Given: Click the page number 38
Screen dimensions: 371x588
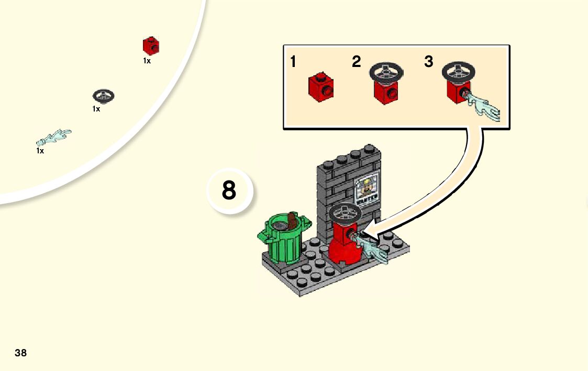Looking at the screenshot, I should (x=20, y=353).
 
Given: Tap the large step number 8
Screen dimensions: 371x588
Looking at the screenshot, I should (x=229, y=190).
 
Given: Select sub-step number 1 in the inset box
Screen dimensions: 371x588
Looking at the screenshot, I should (x=293, y=62).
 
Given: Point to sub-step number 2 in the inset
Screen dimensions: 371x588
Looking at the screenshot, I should (x=357, y=62).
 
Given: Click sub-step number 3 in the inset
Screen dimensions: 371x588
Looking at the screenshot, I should (x=429, y=62).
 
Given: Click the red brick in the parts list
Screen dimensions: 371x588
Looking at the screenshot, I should (x=151, y=46).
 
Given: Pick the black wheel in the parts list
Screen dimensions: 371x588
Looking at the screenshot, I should (x=104, y=96).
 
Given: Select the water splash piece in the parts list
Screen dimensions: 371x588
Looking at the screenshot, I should (x=54, y=137).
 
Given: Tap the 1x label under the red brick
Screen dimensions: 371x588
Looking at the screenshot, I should (x=147, y=61).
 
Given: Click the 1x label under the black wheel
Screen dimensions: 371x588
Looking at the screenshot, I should (x=96, y=109).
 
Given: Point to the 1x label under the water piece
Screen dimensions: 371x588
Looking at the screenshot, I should (x=40, y=151).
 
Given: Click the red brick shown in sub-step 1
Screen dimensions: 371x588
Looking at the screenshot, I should (x=320, y=87).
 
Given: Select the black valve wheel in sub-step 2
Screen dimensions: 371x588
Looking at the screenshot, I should (x=386, y=72).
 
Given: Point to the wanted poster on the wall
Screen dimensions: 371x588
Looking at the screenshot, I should (x=367, y=191).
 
